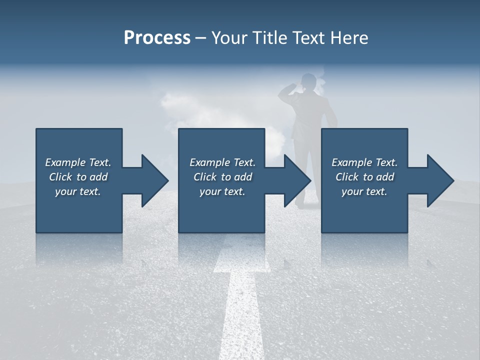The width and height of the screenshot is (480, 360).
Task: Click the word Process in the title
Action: click(157, 37)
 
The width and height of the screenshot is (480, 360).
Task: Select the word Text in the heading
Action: click(309, 37)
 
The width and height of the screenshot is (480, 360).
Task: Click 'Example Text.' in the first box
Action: click(78, 162)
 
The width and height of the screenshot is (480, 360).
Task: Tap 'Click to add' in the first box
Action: click(78, 177)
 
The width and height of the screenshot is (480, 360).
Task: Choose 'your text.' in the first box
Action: click(78, 191)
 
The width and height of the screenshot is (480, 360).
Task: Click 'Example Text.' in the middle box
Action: click(222, 162)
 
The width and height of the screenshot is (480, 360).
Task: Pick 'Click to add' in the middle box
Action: click(222, 177)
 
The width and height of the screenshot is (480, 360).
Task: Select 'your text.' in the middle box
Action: click(222, 191)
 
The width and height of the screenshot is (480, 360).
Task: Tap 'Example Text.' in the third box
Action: click(364, 162)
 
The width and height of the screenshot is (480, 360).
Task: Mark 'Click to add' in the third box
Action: click(364, 177)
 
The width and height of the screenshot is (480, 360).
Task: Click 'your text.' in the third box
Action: click(364, 191)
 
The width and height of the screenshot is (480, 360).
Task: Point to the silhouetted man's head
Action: click(309, 81)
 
